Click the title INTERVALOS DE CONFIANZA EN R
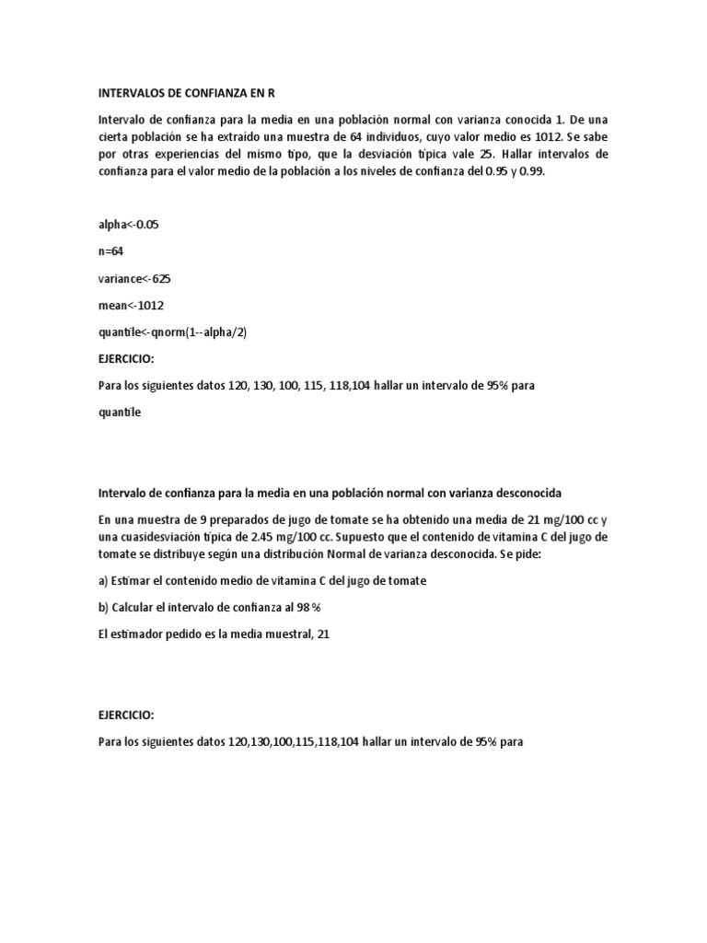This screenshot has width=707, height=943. [186, 93]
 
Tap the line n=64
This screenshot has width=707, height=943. [111, 250]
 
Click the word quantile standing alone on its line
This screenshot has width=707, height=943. [120, 413]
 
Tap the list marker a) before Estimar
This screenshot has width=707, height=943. [104, 581]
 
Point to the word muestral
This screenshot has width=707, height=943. [277, 634]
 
